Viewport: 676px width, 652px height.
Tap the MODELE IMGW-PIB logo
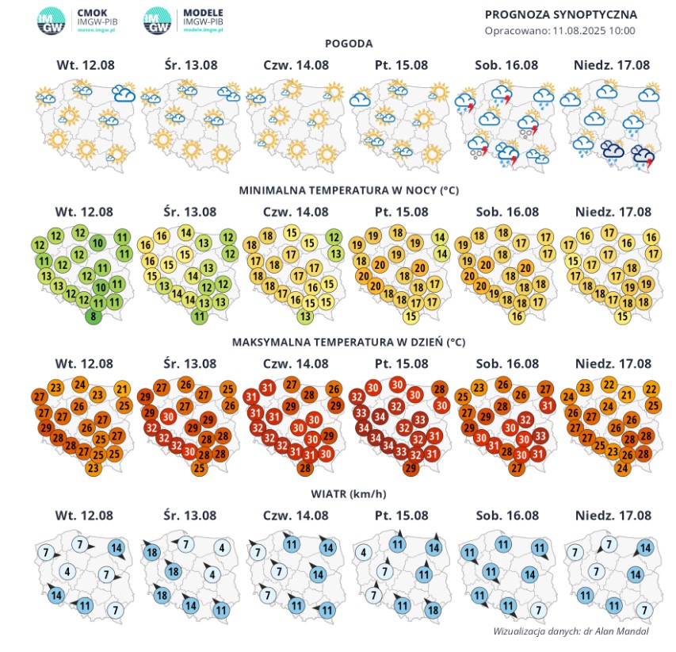coord(183,19)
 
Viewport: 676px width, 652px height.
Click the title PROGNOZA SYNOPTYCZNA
coord(560,14)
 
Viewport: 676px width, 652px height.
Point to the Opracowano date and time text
coord(560,30)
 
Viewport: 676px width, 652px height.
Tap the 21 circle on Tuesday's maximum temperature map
coord(122,388)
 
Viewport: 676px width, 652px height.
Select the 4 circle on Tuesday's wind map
coord(67,572)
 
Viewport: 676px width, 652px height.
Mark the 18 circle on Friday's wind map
coord(432,611)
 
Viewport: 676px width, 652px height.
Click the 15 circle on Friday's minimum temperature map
coord(410,316)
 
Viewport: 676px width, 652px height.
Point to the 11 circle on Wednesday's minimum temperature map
coord(199,316)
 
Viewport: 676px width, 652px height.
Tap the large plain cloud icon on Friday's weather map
coord(361,101)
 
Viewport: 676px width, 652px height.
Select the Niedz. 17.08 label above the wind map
coord(610,516)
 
